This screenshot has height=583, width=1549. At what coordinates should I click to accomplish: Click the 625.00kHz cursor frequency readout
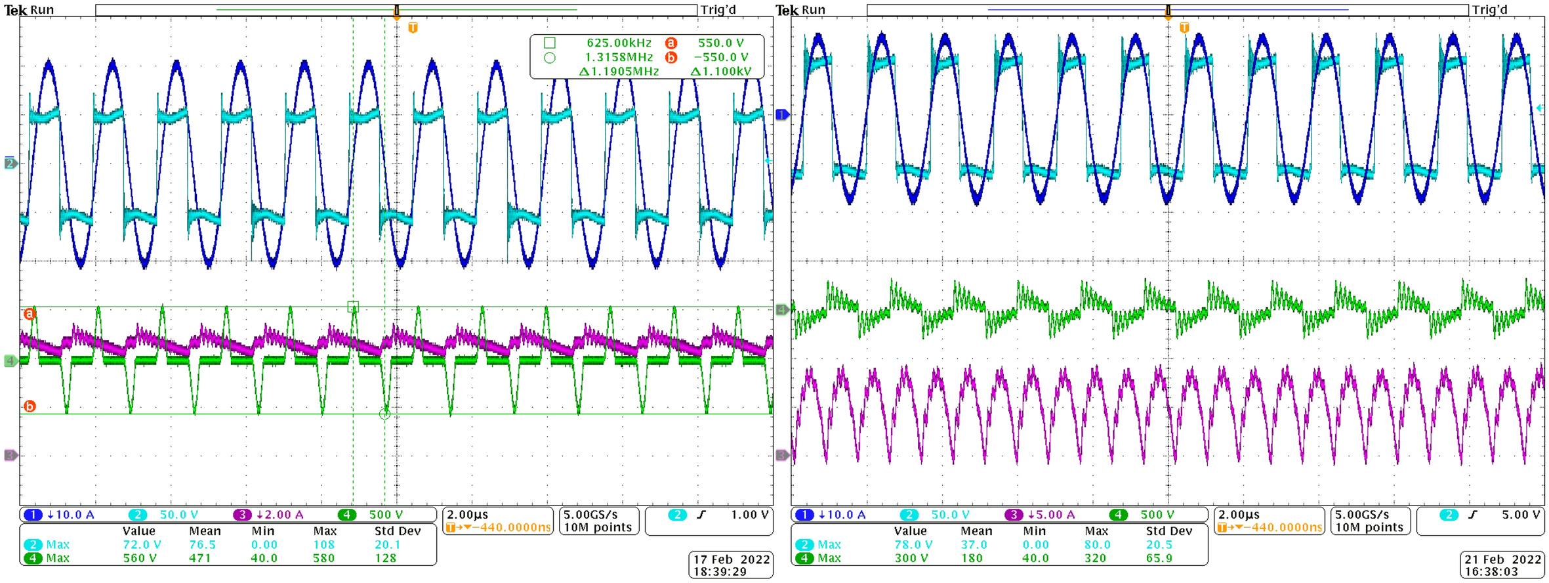[x=618, y=43]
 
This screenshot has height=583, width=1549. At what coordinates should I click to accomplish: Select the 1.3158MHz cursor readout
[x=618, y=58]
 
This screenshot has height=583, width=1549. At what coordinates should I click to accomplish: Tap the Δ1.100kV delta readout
[x=720, y=72]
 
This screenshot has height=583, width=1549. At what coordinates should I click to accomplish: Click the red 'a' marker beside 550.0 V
[x=671, y=43]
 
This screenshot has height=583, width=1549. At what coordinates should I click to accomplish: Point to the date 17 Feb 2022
[x=731, y=559]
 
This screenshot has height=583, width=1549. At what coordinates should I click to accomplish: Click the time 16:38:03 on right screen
[x=1502, y=572]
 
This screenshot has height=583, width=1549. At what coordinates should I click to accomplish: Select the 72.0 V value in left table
[x=141, y=545]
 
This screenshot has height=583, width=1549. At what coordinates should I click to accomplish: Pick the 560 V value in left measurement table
[x=139, y=559]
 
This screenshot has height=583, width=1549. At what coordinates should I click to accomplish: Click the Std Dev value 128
[x=385, y=559]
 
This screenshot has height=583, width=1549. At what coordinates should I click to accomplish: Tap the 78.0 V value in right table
[x=913, y=545]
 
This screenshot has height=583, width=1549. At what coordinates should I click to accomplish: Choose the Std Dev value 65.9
[x=1158, y=559]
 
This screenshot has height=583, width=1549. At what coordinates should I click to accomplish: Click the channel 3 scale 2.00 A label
[x=283, y=515]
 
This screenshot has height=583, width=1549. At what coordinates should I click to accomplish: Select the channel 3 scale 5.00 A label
[x=1055, y=515]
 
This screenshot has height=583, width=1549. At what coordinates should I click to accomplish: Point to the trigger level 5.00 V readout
[x=1520, y=515]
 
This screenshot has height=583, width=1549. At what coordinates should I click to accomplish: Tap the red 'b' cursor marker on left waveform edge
[x=30, y=406]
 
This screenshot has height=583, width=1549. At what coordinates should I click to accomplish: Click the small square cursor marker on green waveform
[x=353, y=307]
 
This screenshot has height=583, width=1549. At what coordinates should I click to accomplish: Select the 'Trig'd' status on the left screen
[x=718, y=10]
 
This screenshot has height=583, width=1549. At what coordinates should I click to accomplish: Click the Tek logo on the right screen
[x=787, y=10]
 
